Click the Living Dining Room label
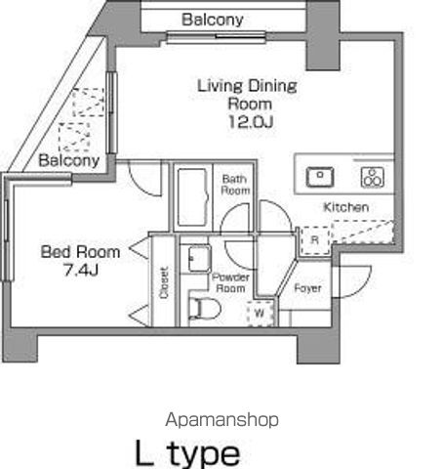point(248,94)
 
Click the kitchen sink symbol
point(319,177)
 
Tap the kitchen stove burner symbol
point(371,177)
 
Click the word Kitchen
point(345,207)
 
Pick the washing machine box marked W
point(261,314)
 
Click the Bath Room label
point(236,184)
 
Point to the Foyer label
point(308,288)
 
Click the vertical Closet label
point(163,282)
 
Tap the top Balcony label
point(212,20)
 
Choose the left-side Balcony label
point(68,160)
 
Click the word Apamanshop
point(221,419)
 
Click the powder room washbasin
point(196,260)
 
